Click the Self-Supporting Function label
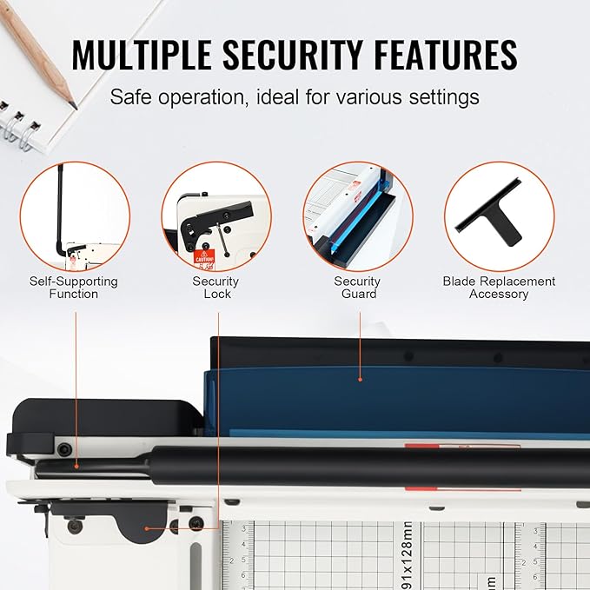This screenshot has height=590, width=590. [x=74, y=288]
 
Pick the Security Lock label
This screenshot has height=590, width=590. [x=215, y=288]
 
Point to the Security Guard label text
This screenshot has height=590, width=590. [x=357, y=288]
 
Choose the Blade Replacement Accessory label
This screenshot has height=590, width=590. [x=499, y=288]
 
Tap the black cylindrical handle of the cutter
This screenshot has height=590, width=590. [x=348, y=466]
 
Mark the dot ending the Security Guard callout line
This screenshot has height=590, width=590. [x=359, y=379]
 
